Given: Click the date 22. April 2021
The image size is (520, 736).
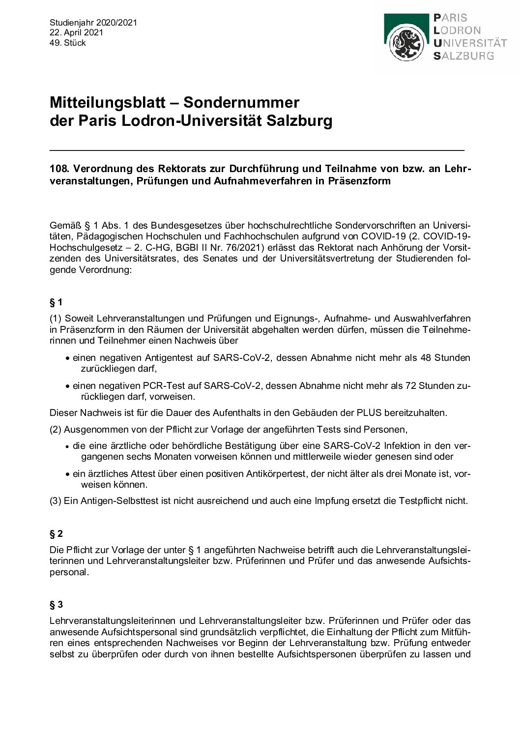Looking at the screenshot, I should point(76,32).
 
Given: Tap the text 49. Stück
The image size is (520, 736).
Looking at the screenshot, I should point(68,43).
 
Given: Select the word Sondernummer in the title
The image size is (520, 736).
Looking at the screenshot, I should point(241,103).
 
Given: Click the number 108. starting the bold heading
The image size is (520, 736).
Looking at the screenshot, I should point(59,169).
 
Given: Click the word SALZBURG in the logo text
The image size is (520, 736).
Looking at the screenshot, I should point(463,56).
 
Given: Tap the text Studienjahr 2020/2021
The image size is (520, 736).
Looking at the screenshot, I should point(93,23).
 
